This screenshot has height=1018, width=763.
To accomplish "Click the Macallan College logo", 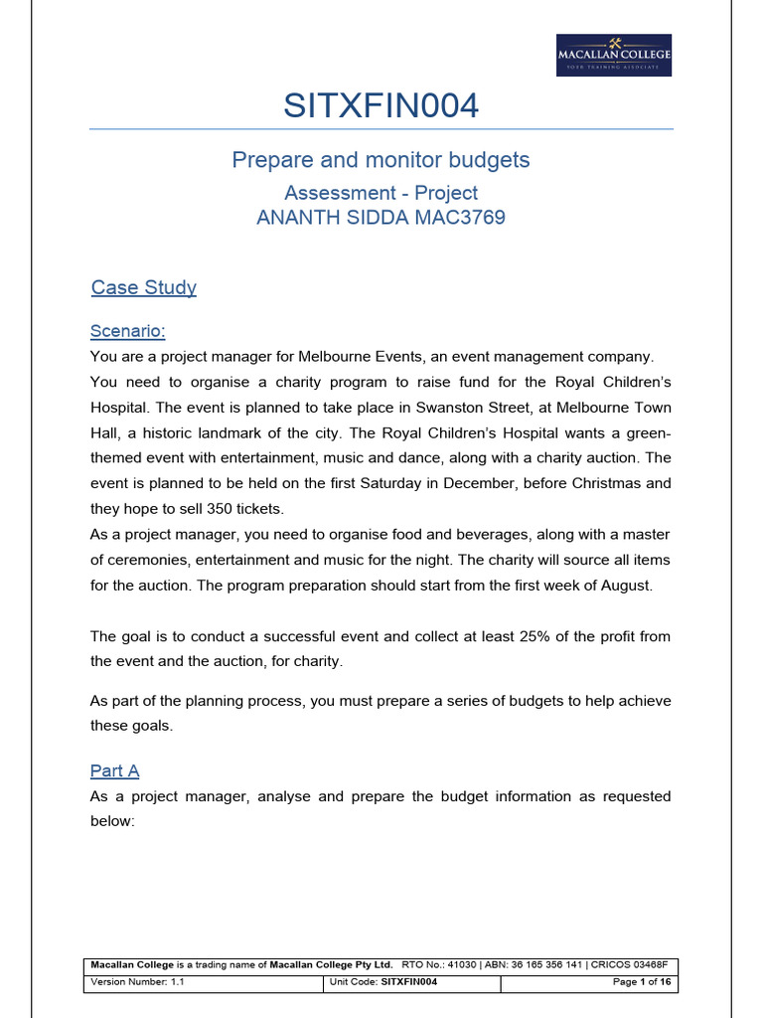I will (x=613, y=56).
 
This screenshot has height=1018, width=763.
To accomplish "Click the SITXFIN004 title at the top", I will (x=381, y=105).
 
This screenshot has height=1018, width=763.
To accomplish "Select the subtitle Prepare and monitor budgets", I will (x=381, y=160).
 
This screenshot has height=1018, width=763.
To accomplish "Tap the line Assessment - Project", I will (x=381, y=193).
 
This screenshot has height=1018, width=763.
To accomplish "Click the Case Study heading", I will (x=143, y=287).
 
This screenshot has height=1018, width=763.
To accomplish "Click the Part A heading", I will (x=114, y=770).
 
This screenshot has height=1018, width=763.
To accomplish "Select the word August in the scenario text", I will (x=624, y=585).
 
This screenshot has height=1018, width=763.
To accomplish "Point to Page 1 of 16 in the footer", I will (x=637, y=981).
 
